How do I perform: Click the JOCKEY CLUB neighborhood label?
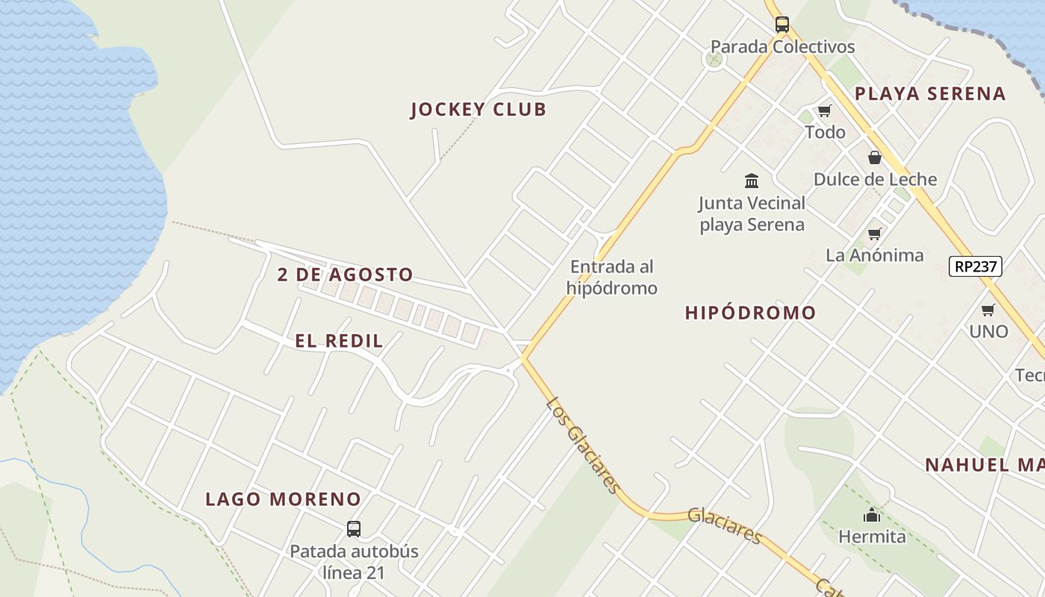[478, 110]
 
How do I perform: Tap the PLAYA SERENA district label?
[930, 94]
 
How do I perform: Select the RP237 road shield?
[975, 266]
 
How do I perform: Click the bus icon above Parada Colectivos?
[782, 25]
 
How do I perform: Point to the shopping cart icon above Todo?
[824, 111]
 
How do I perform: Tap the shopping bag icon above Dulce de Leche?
[874, 157]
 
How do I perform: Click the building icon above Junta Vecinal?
[752, 181]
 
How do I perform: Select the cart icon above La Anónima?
[874, 234]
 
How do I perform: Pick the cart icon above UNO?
[988, 310]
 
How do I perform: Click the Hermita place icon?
[871, 515]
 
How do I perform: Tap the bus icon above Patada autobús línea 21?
[354, 529]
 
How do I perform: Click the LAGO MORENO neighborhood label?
[284, 499]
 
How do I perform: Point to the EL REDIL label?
[339, 342]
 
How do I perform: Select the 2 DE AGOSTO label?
[345, 275]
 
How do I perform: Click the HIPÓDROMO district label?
[750, 313]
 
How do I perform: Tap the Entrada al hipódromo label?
[611, 277]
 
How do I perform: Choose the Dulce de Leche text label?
[875, 180]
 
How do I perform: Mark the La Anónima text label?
[874, 255]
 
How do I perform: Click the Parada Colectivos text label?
[782, 47]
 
